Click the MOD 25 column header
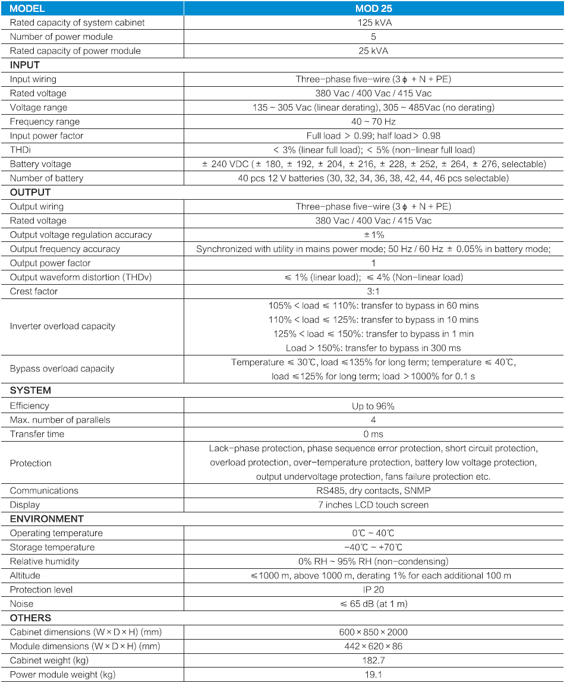point(373,8)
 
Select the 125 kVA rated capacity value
point(373,23)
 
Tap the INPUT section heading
point(25,65)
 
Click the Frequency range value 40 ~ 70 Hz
point(373,122)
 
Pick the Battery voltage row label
point(40,164)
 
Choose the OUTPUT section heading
point(30,192)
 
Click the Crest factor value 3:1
point(373,291)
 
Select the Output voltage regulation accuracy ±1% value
point(373,235)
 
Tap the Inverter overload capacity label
point(62,326)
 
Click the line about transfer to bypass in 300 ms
point(373,348)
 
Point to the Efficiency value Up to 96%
point(373,406)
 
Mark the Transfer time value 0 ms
point(373,434)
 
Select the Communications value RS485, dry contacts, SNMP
point(373,490)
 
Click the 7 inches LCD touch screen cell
point(373,505)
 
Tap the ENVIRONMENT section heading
point(47,519)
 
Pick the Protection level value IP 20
point(373,590)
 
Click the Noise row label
point(22,604)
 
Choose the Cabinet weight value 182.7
point(373,660)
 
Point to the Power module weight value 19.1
point(373,675)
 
